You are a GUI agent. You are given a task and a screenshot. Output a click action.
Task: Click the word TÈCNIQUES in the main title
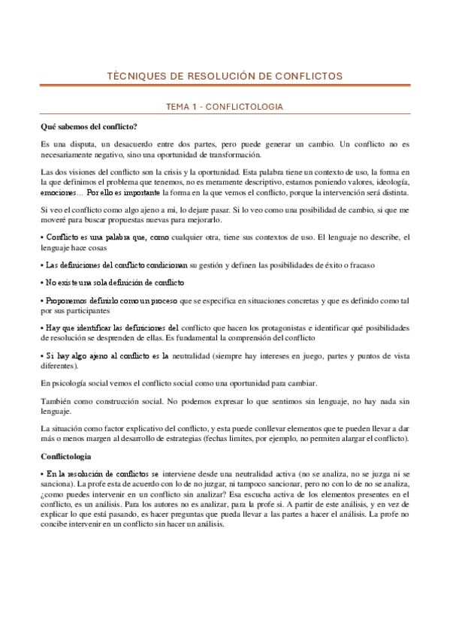[134, 76]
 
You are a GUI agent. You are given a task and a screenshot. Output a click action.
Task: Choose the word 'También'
[56, 400]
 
